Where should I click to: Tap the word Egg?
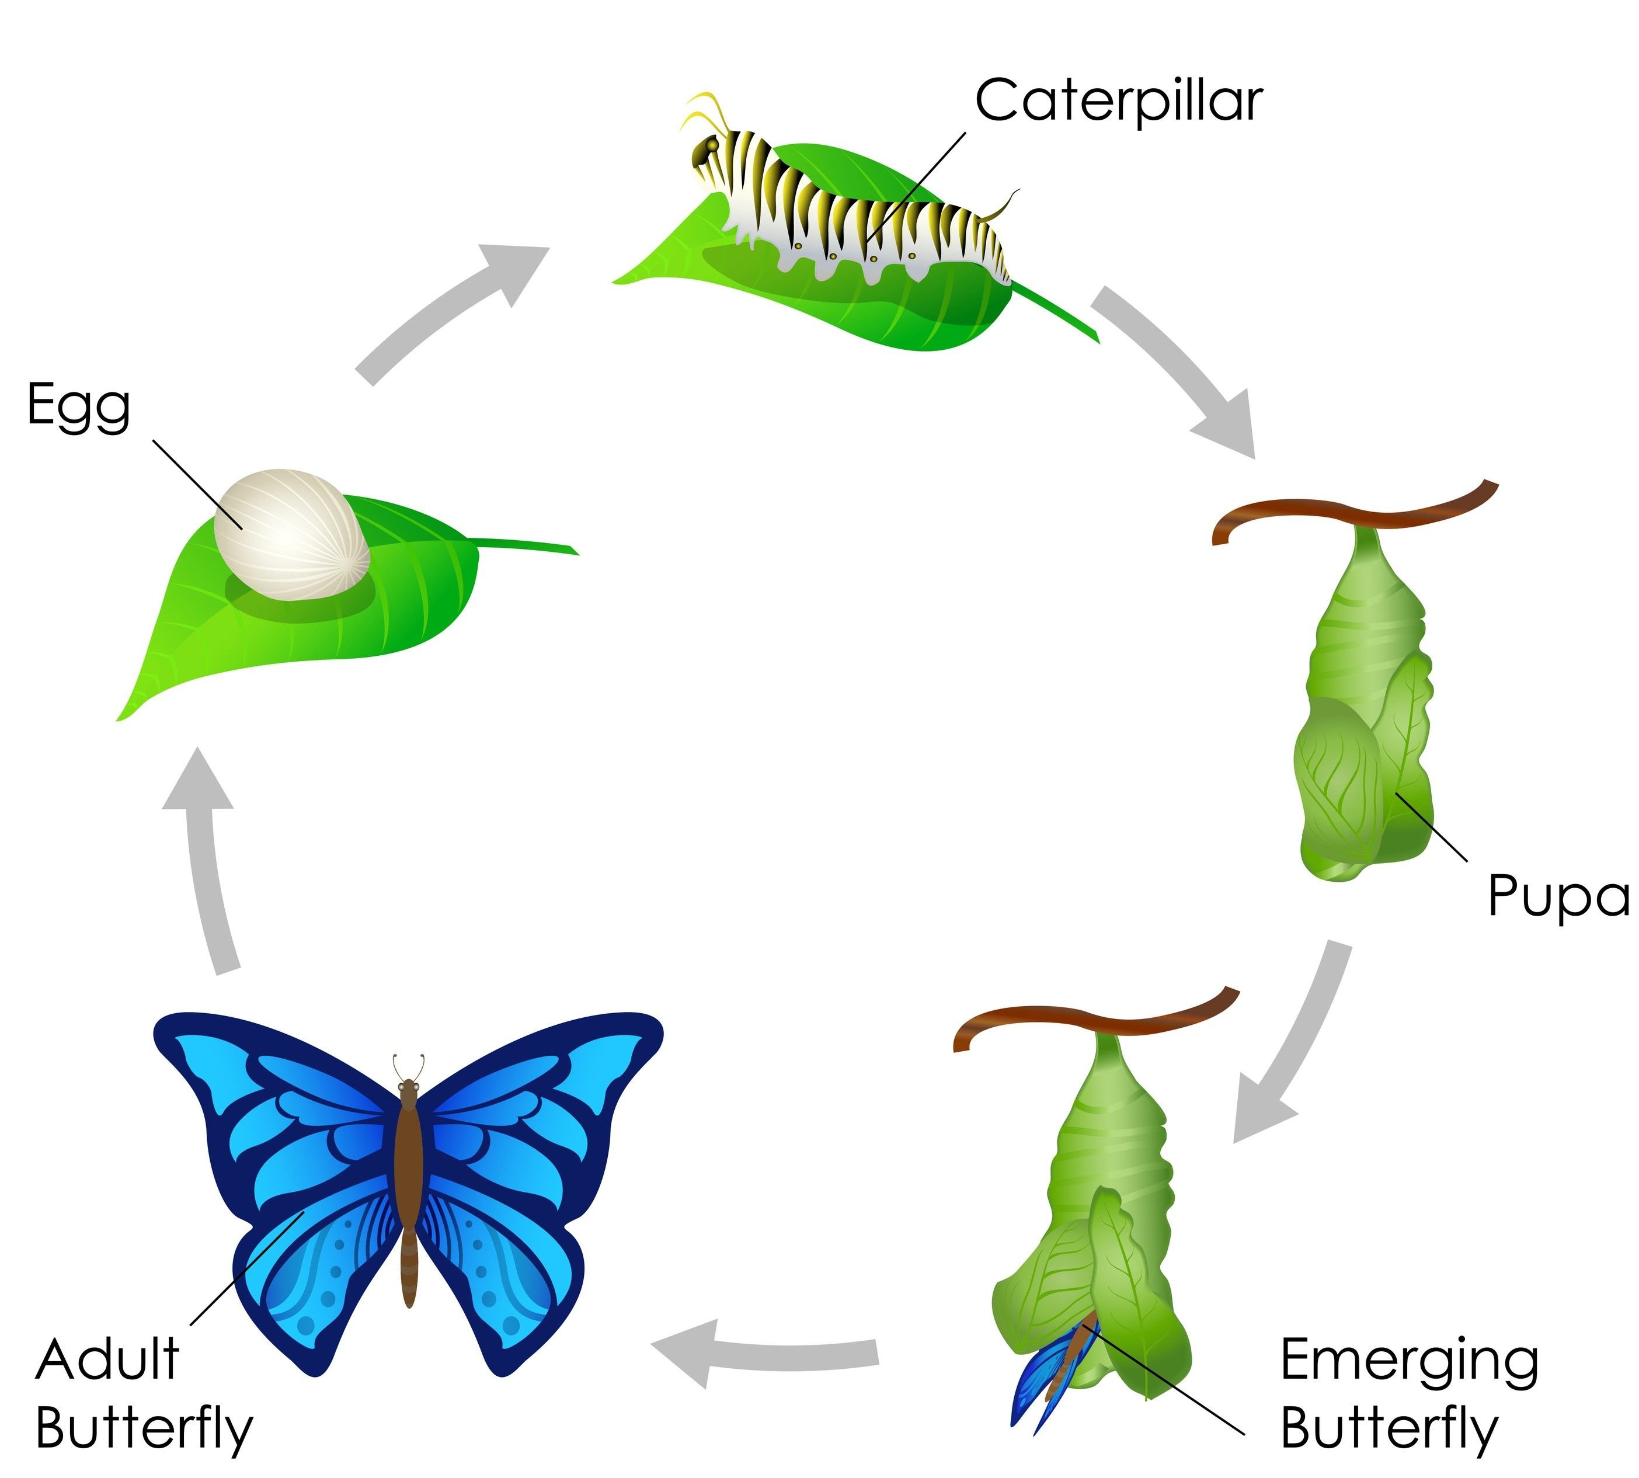[79, 406]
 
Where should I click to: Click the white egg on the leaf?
[291, 534]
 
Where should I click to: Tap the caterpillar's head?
[707, 150]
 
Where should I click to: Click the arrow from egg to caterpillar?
[455, 312]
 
